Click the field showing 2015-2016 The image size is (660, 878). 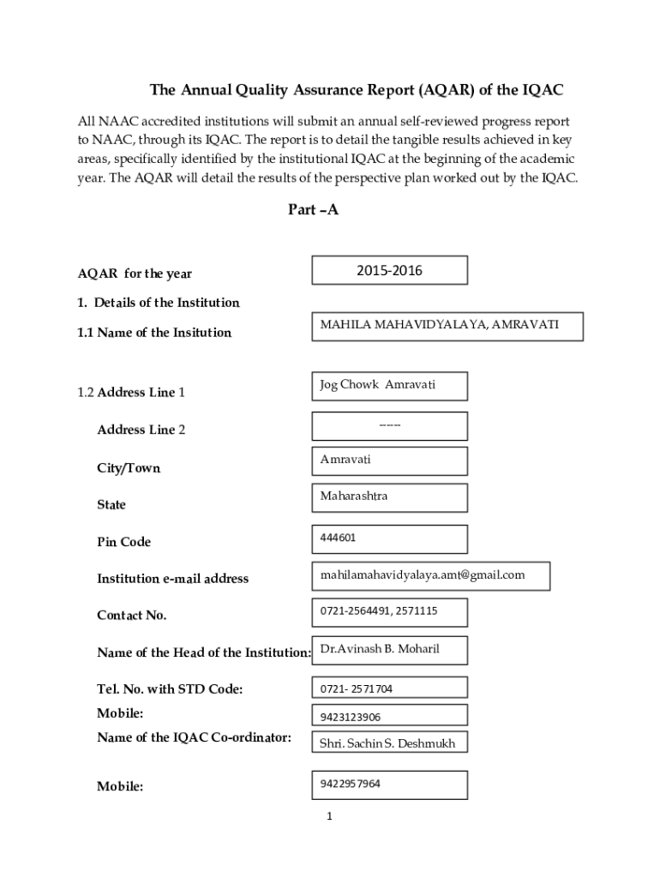click(x=389, y=271)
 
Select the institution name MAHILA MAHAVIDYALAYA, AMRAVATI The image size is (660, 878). click(x=439, y=326)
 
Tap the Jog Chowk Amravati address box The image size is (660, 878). click(x=378, y=385)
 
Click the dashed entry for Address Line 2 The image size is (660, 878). click(x=389, y=425)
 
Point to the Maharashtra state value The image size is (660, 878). click(x=354, y=496)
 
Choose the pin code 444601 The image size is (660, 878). click(x=339, y=538)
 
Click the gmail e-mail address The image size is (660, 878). click(x=423, y=574)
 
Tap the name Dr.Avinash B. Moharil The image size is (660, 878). click(x=380, y=649)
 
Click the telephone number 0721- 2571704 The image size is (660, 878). click(x=357, y=689)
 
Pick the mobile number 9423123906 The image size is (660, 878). click(x=351, y=717)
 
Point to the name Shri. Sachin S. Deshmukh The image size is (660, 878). click(x=387, y=743)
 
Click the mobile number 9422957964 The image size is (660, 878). click(x=351, y=784)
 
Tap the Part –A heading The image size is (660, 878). click(x=313, y=209)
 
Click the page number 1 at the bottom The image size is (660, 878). click(x=328, y=815)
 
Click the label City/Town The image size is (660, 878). click(x=129, y=468)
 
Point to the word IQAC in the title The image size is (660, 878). click(x=543, y=90)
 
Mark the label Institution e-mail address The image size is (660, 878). click(x=172, y=579)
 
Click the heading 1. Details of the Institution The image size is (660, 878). click(x=159, y=303)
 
